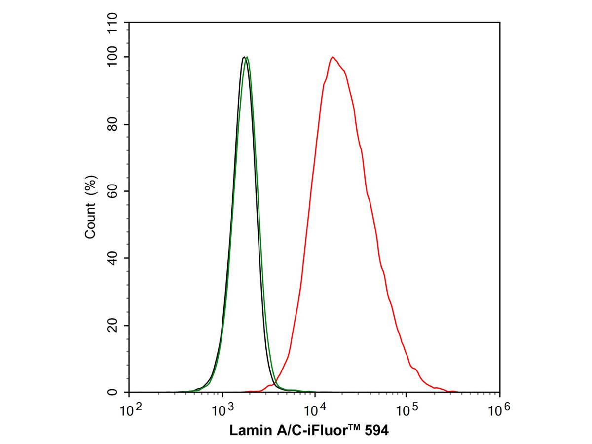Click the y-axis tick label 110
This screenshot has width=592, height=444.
(113, 23)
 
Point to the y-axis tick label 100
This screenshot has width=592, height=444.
(113, 57)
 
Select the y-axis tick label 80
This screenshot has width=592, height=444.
(113, 124)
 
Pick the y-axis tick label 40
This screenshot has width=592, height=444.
(113, 258)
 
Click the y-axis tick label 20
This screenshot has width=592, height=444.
(113, 326)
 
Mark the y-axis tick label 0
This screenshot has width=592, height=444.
(113, 393)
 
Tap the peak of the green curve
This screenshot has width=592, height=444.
(247, 57)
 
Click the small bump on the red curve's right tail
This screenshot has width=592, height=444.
(416, 369)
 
